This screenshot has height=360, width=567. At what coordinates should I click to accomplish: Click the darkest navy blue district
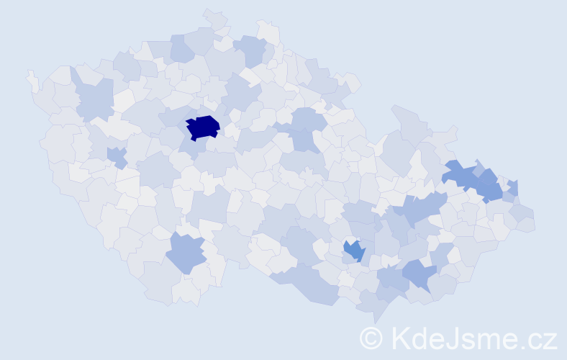pos(202,127)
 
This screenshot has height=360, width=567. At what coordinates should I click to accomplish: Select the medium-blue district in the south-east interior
pos(354,251)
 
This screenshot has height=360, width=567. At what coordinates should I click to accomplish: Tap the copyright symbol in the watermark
pos(372,338)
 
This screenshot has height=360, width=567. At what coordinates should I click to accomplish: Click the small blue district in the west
pos(117,156)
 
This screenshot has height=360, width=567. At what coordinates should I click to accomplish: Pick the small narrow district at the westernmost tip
pos(33,81)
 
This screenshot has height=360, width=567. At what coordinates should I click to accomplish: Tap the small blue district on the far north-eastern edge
pos(513,189)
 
